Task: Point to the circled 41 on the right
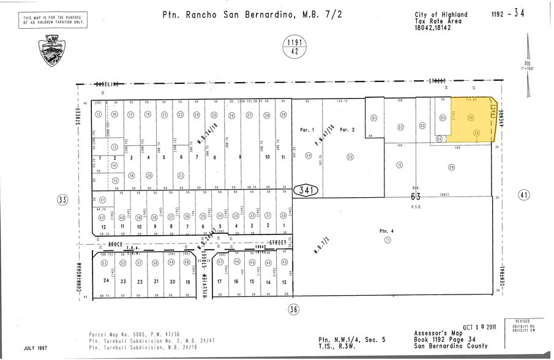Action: tap(523, 195)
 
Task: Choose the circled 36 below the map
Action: tap(294, 309)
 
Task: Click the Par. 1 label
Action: tap(307, 130)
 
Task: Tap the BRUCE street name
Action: tap(113, 244)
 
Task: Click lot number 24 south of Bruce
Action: tap(107, 281)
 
